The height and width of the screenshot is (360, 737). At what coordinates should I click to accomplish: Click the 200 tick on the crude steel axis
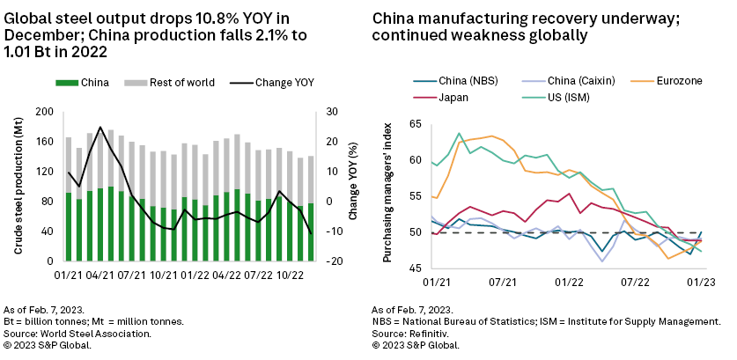(x=45, y=113)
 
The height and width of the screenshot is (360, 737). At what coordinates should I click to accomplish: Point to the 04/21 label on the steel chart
(x=106, y=275)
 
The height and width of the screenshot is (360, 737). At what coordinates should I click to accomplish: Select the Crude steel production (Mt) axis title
(x=17, y=187)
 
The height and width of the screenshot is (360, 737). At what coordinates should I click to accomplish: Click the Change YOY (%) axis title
(x=352, y=187)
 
